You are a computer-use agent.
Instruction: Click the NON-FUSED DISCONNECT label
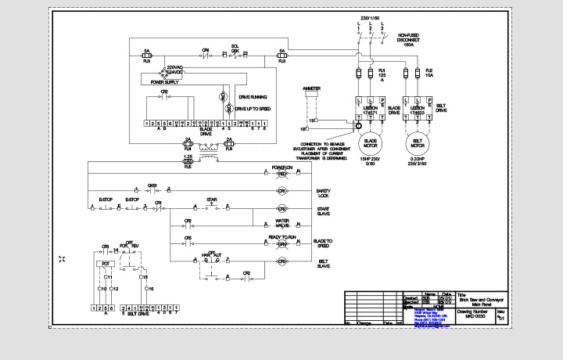pos(408,41)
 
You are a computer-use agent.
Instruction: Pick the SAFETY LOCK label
pos(324,193)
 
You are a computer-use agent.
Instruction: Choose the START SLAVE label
pos(323,211)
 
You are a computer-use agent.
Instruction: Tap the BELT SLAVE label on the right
pos(324,264)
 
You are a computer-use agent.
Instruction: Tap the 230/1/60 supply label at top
pos(370,17)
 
